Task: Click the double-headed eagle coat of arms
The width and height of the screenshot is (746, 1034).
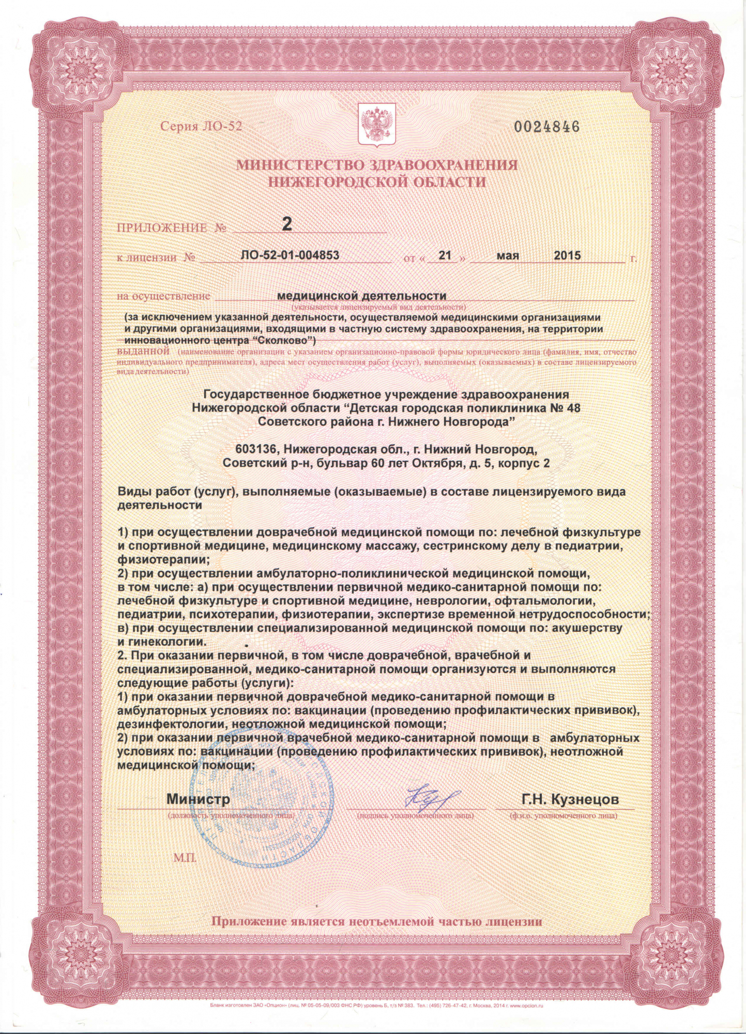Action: click(377, 124)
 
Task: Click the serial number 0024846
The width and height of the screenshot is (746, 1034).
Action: click(546, 127)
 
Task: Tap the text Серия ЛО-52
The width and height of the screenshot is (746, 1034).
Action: click(201, 127)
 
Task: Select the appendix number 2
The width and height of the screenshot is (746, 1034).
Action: click(286, 224)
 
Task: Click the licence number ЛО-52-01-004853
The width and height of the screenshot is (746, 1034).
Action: click(290, 255)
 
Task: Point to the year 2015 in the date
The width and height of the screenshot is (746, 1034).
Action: click(567, 255)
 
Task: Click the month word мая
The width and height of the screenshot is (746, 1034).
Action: click(508, 255)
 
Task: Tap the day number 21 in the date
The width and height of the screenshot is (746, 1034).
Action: click(445, 255)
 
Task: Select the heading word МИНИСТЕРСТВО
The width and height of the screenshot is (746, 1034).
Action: click(300, 165)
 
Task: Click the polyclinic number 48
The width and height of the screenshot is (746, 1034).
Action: click(573, 408)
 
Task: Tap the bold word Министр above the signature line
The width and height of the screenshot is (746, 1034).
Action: click(198, 799)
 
